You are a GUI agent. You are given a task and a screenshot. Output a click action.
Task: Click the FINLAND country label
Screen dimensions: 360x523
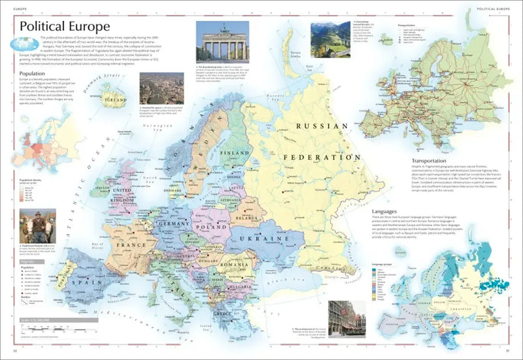point(236,153)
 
